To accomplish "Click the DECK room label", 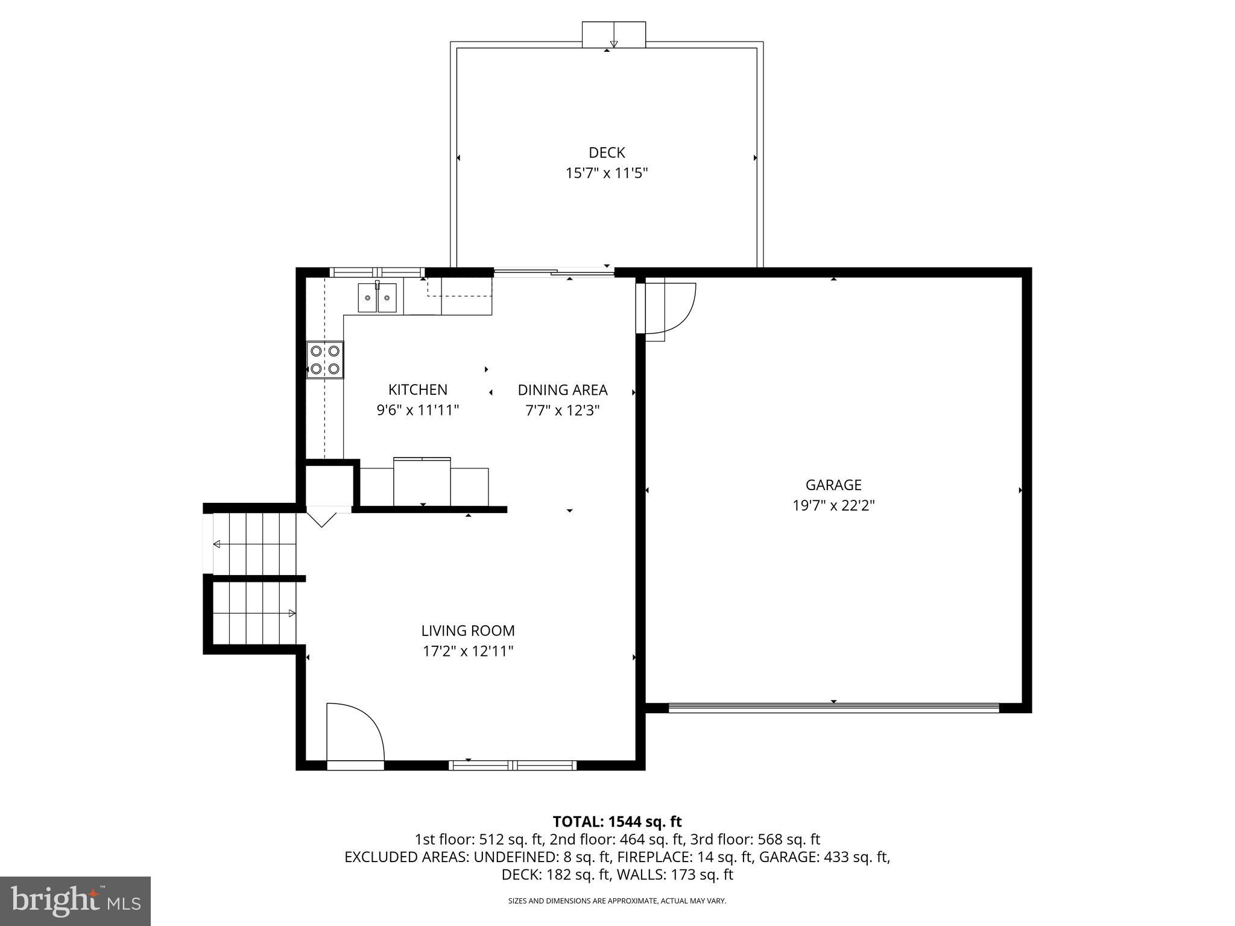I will pyautogui.click(x=607, y=153).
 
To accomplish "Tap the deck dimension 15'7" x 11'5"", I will pyautogui.click(x=607, y=174).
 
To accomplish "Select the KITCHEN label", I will pyautogui.click(x=418, y=389).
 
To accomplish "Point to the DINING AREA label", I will pyautogui.click(x=563, y=390).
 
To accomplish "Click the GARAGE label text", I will pyautogui.click(x=833, y=485).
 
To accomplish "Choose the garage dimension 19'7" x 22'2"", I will pyautogui.click(x=833, y=505).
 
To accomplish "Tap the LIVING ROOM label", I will pyautogui.click(x=468, y=631).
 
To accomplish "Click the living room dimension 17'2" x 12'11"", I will pyautogui.click(x=468, y=651).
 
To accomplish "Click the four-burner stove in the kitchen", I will pyautogui.click(x=325, y=360).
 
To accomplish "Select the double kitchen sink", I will pyautogui.click(x=377, y=298).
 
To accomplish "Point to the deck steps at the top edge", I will pyautogui.click(x=614, y=35).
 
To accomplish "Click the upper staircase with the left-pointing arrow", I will pyautogui.click(x=254, y=544).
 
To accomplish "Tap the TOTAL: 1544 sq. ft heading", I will pyautogui.click(x=617, y=822).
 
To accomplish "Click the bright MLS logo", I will pyautogui.click(x=75, y=901).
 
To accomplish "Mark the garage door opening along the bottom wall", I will pyautogui.click(x=833, y=708).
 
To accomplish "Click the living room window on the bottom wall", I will pyautogui.click(x=513, y=765).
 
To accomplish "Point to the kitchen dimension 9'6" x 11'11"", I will pyautogui.click(x=418, y=411).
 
